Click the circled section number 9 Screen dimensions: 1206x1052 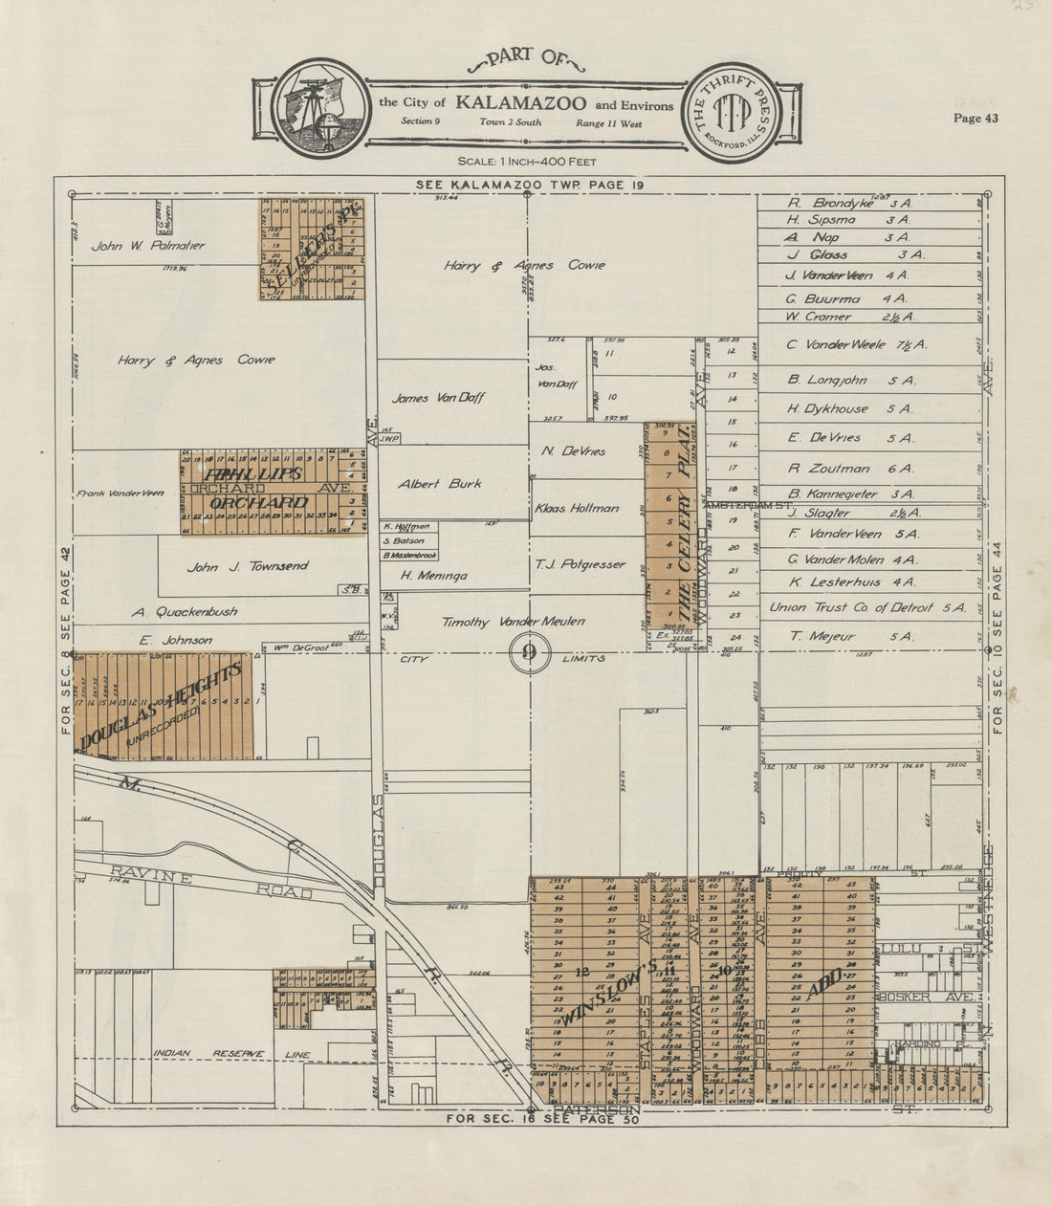[x=527, y=653]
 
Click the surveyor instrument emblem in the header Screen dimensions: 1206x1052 [x=319, y=107]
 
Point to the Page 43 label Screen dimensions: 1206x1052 [x=975, y=119]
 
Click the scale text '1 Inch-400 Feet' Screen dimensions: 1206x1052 [x=527, y=162]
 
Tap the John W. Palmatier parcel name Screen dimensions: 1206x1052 [x=148, y=246]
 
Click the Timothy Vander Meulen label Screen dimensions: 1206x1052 [x=514, y=622]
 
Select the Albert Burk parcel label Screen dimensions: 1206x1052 [x=440, y=484]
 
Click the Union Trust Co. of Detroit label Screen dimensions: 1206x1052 [x=867, y=607]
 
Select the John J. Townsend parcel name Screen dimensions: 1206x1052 [x=248, y=566]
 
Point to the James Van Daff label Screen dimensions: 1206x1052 [x=438, y=398]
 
